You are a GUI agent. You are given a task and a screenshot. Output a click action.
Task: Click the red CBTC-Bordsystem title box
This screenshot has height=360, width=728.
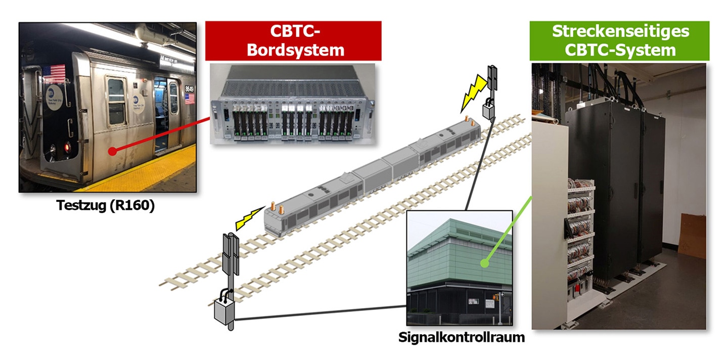(293, 40)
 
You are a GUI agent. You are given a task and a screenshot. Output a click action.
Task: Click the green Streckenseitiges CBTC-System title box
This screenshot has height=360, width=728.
(619, 40)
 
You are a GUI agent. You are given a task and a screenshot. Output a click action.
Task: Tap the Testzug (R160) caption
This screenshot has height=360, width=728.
(105, 205)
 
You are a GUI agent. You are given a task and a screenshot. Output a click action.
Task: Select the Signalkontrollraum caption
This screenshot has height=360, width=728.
(462, 337)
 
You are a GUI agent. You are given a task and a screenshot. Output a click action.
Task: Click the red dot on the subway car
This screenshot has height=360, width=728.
(112, 151)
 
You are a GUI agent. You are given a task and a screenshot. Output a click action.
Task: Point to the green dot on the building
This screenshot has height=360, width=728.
(484, 263)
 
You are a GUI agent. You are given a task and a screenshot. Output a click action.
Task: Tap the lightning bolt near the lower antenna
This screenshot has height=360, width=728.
(250, 218)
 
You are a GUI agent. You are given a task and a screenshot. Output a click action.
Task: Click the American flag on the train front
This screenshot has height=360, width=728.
(54, 74)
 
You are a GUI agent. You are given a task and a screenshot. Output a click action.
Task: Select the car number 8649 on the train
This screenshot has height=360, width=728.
(189, 88)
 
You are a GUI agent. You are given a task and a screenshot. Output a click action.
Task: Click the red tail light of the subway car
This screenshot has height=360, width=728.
(68, 147)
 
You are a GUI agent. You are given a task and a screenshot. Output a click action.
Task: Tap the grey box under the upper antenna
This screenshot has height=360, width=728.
(488, 110)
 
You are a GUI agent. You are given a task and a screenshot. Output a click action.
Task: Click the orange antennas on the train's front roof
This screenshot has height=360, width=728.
(277, 208)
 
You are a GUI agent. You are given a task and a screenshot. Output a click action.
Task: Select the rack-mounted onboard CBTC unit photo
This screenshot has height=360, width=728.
(293, 104)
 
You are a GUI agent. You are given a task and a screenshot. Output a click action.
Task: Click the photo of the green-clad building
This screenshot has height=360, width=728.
(460, 268)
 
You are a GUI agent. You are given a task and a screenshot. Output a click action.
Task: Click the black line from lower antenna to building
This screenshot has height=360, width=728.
(320, 313)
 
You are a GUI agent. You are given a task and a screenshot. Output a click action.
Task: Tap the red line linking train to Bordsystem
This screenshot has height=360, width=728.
(161, 134)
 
